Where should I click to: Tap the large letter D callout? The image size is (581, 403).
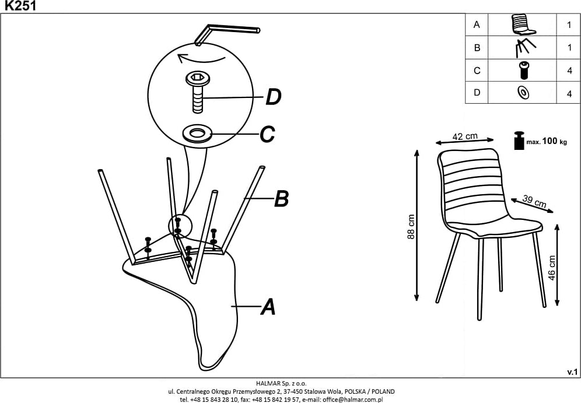click(273, 97)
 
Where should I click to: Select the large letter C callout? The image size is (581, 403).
click(267, 135)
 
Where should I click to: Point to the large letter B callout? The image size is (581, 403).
click(281, 199)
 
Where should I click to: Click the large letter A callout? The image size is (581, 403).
click(267, 306)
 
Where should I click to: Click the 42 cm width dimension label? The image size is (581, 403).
click(465, 136)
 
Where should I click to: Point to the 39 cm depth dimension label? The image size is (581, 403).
click(533, 202)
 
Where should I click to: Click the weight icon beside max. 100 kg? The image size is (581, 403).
click(519, 141)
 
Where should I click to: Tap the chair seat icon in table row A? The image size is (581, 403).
click(523, 24)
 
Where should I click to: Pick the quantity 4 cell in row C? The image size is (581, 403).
click(569, 71)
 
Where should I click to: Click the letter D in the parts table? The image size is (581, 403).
click(477, 93)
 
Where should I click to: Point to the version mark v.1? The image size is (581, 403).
click(572, 372)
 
